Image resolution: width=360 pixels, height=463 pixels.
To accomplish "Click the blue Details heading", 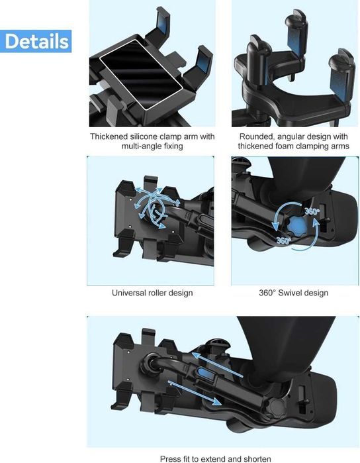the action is coord(36,41).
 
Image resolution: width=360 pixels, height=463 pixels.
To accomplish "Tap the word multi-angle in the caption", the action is coord(138,146).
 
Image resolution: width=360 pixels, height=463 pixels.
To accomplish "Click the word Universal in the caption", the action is coord(128,293).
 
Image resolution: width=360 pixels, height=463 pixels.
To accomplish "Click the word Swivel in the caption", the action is coord(291,293).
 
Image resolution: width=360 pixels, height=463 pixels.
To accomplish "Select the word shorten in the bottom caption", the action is coord(257,459).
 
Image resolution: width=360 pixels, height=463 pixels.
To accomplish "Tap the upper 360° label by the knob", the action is coord(312,211).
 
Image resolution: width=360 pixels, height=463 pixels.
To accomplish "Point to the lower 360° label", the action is coord(284,240).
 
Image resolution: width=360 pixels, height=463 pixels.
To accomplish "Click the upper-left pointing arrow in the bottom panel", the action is coord(217,364).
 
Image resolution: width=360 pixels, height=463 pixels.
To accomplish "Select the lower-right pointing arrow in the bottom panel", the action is coord(195,393).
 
